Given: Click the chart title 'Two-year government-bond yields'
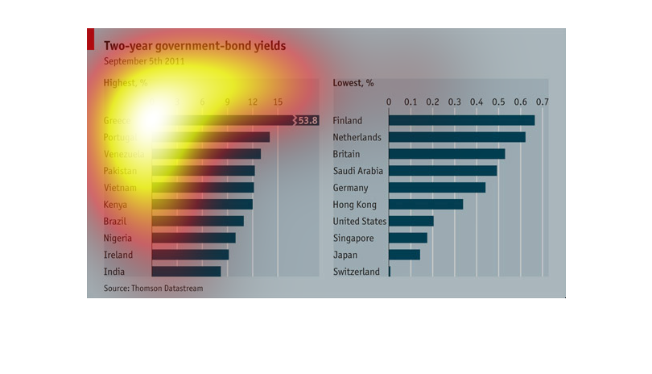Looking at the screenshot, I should pos(194,46).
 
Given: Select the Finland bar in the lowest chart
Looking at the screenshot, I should pos(461,120).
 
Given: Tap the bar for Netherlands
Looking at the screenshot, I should pos(456,137).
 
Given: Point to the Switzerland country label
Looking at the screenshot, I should pos(356,272).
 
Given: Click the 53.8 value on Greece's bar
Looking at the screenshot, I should pos(308,120).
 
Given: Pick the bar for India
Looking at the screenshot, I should pos(186,272).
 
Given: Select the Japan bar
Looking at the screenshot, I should pos(404,255).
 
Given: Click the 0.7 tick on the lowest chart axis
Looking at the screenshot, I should pos(543,102).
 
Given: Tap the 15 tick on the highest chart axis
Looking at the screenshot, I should pos(278,102).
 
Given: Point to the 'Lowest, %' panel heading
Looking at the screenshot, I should pos(353,82).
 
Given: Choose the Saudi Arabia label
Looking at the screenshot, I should pos(358,171).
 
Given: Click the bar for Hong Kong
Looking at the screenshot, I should pos(426,204).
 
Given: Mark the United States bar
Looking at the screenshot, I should pos(411,221).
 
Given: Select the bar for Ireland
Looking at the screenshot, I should pos(190,255).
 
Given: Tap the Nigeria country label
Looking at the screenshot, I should pos(119,238).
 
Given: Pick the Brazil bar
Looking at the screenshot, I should pos(197,221).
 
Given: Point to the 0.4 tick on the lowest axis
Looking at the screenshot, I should pos(477,102).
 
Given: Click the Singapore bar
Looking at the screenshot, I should pos(408,238).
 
